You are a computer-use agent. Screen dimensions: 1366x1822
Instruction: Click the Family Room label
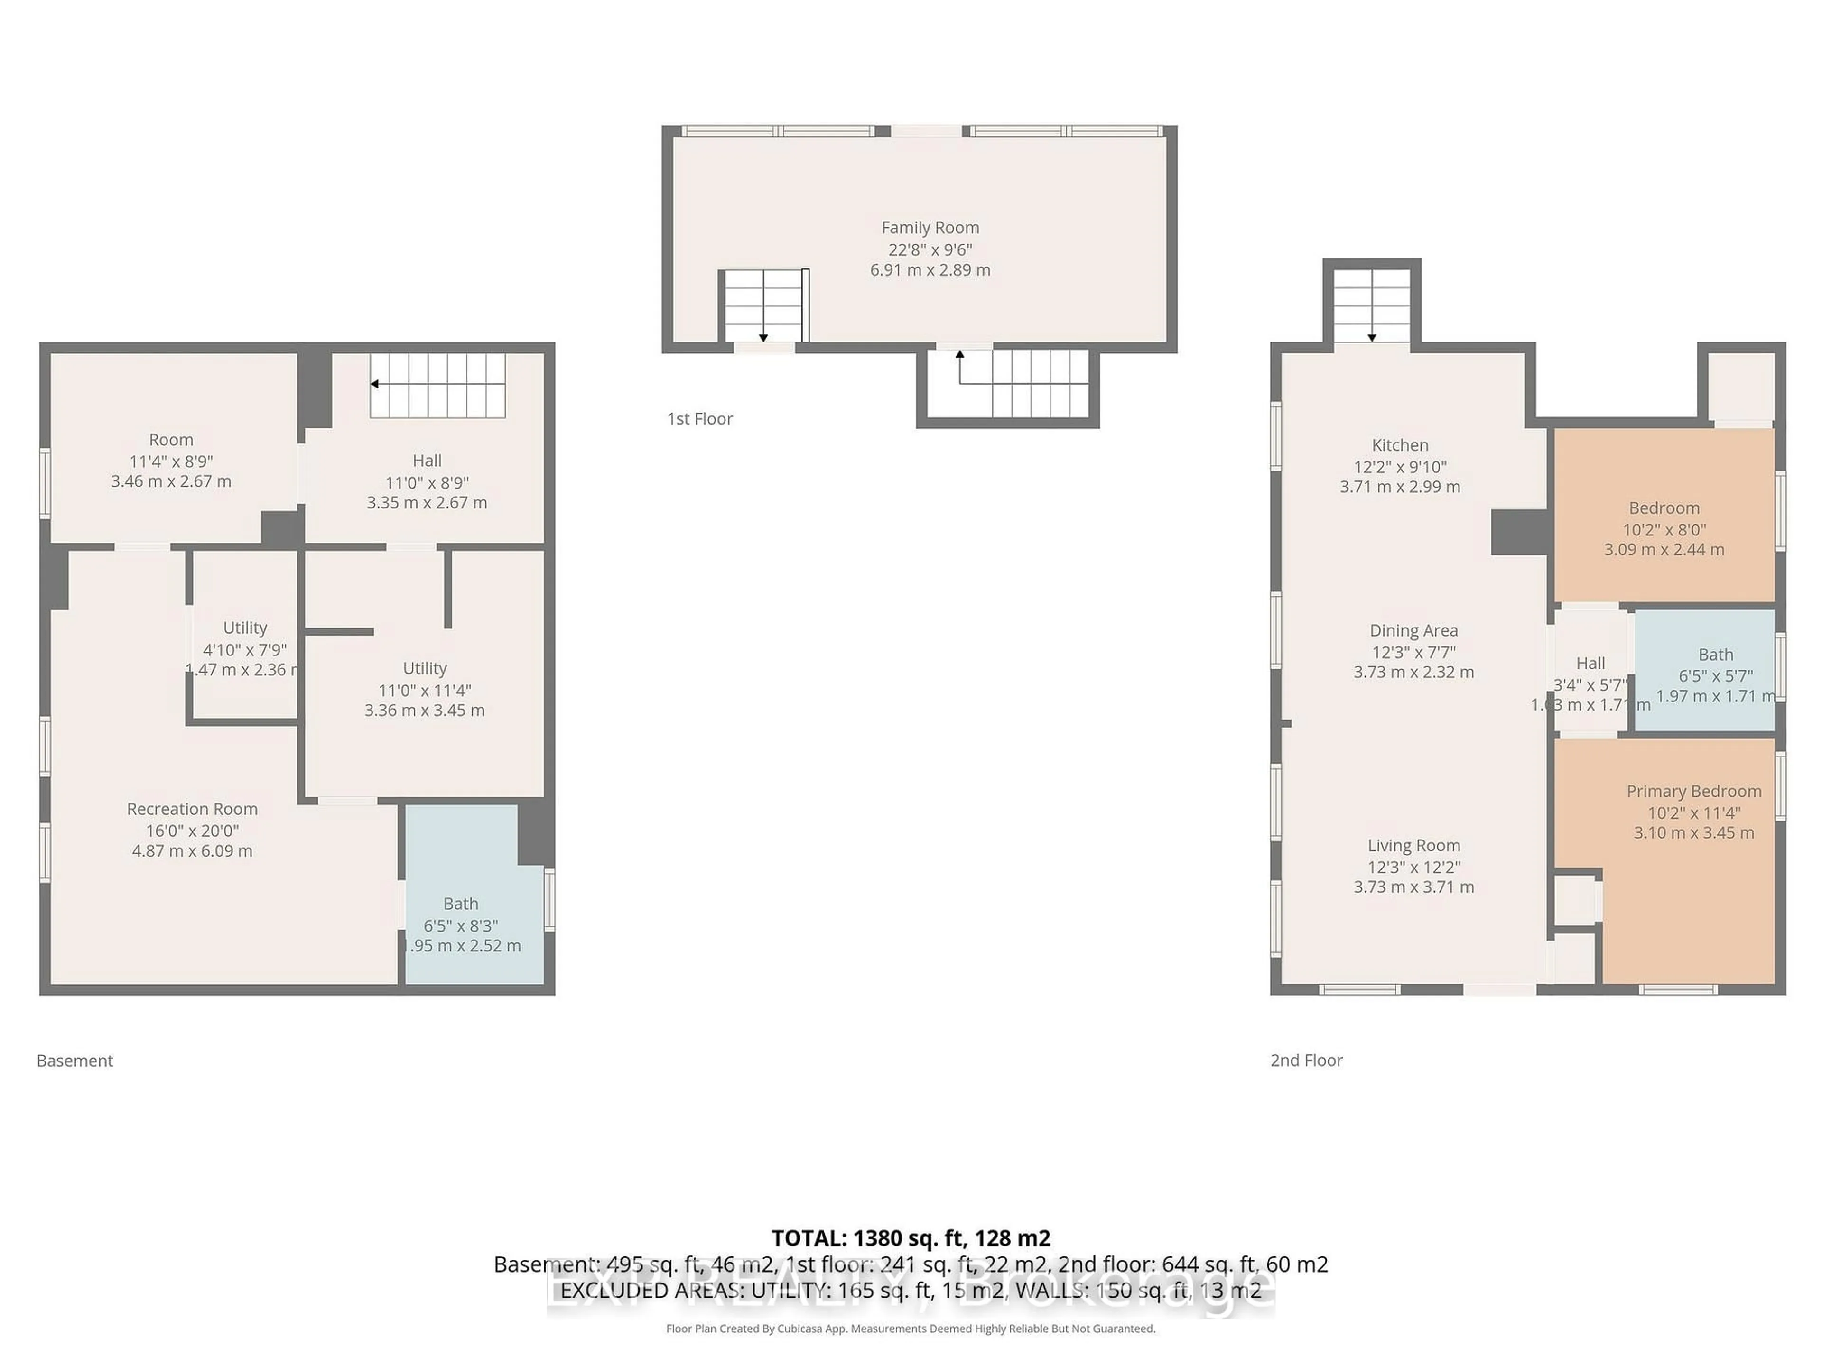[930, 227]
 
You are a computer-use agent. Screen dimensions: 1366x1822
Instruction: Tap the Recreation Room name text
[192, 809]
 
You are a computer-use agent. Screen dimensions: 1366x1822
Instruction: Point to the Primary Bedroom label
[1693, 791]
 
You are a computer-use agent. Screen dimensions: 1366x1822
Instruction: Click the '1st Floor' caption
[699, 418]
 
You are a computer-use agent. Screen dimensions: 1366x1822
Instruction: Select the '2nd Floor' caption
[1306, 1061]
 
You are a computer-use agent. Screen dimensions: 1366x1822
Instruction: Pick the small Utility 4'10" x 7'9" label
[245, 628]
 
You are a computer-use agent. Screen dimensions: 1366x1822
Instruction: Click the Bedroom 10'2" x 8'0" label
[1664, 508]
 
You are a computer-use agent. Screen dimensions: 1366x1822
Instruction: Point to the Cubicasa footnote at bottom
[910, 1328]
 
